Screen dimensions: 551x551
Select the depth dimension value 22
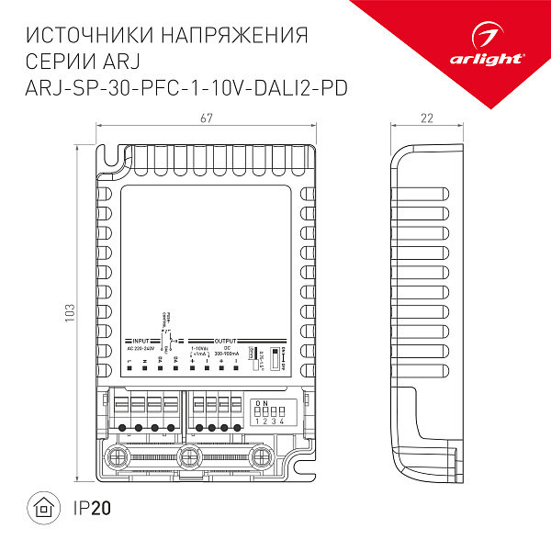point(425,118)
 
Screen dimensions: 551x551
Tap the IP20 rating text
point(90,506)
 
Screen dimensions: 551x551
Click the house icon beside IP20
point(43,506)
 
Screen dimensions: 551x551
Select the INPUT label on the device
point(141,341)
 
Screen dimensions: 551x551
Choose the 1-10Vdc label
point(197,348)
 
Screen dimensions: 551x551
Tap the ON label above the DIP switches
point(261,403)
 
